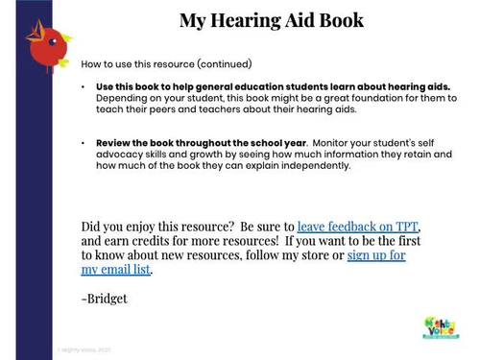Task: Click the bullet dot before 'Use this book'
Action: coord(84,87)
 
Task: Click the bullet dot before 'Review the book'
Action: coord(84,142)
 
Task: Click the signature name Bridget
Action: coord(107,299)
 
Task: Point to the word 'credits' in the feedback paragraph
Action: coord(157,241)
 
